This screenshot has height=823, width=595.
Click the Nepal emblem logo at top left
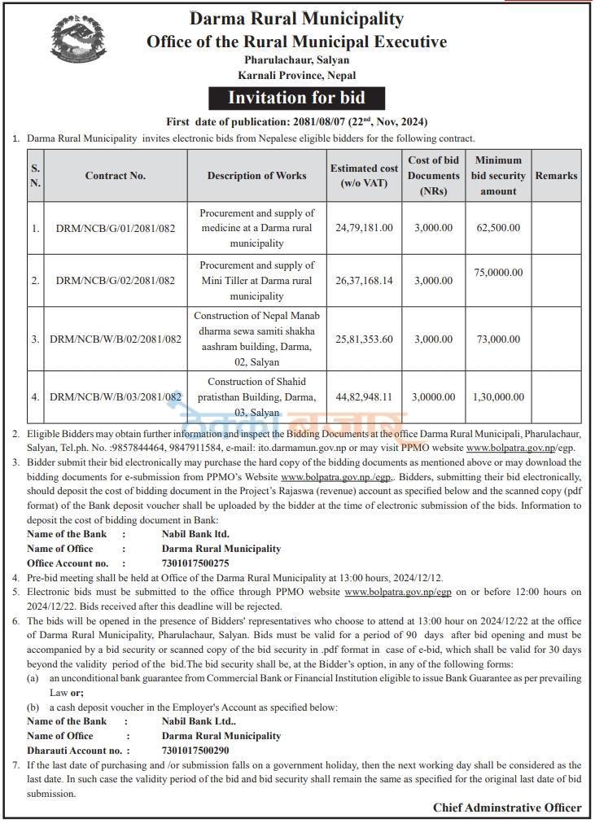(78, 42)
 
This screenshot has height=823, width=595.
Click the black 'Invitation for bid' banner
(296, 98)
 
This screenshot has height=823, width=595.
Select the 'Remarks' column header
(556, 175)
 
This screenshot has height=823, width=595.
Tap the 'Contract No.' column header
(115, 175)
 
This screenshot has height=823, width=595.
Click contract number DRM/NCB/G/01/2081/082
(115, 228)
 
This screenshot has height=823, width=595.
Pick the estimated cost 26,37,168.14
(364, 281)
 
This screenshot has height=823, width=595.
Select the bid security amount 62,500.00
(498, 228)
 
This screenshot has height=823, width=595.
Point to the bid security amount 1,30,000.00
(498, 396)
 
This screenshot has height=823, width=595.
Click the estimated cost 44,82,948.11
(364, 396)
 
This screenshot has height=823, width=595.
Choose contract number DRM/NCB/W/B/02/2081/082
(115, 339)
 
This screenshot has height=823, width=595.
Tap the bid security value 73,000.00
(498, 339)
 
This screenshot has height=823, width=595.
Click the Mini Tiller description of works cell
(256, 281)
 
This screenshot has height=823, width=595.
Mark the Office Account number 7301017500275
(195, 563)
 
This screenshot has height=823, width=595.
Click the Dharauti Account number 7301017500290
(195, 750)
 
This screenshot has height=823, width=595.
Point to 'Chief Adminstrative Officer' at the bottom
(507, 808)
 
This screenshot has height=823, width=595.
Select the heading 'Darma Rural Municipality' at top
(296, 19)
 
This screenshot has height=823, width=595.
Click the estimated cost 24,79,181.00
(364, 228)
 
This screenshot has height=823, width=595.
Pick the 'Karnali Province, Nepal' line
(296, 75)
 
